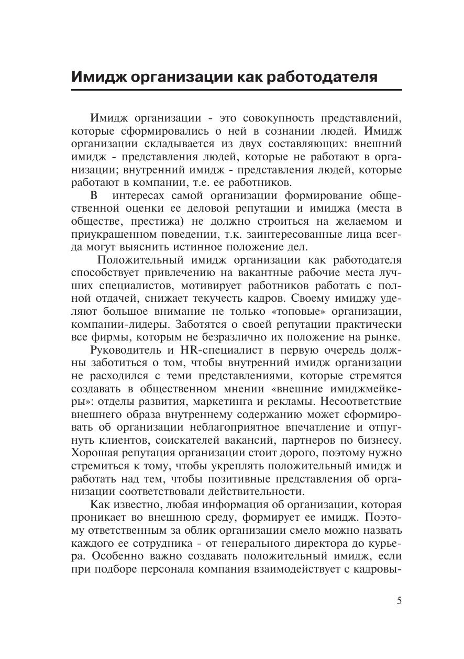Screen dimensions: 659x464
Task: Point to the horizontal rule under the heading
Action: tap(236, 91)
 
